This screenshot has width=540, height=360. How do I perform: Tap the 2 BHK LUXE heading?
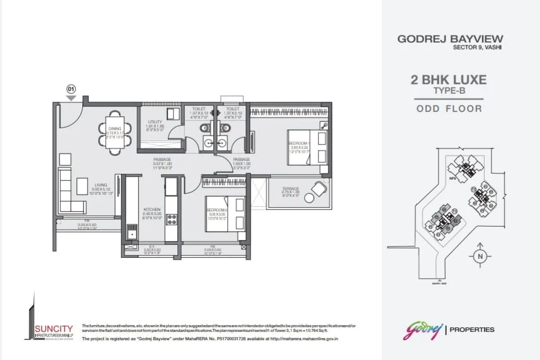pos(448,80)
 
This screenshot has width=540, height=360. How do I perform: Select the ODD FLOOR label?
pos(449,109)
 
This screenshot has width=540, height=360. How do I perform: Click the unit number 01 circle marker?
pos(71,89)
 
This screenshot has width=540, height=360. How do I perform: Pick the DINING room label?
pos(114,128)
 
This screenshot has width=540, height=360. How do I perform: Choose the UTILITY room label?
pos(155,122)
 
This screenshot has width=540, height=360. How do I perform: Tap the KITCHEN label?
pos(152,210)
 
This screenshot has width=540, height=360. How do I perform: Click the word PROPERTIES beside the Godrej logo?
pos(472,329)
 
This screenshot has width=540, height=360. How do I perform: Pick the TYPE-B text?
pos(449,91)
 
